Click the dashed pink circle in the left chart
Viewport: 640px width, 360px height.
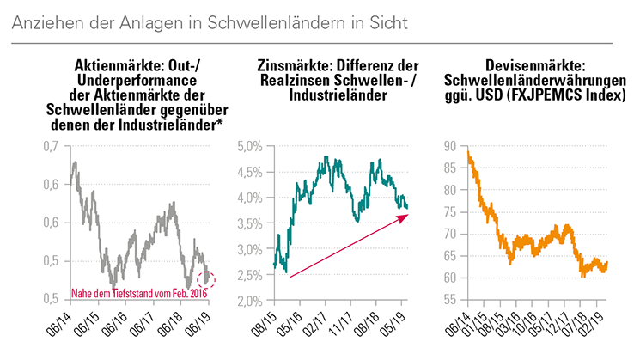[206, 278]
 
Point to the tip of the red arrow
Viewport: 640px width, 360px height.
[408, 217]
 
